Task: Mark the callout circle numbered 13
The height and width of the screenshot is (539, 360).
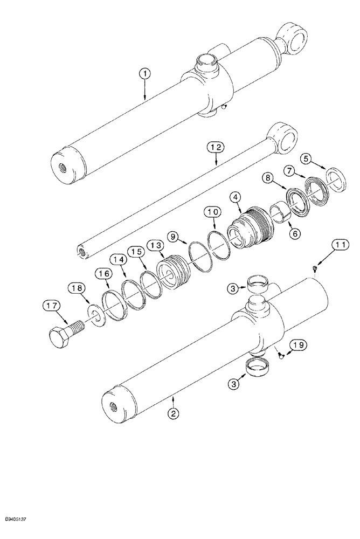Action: coord(156,245)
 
